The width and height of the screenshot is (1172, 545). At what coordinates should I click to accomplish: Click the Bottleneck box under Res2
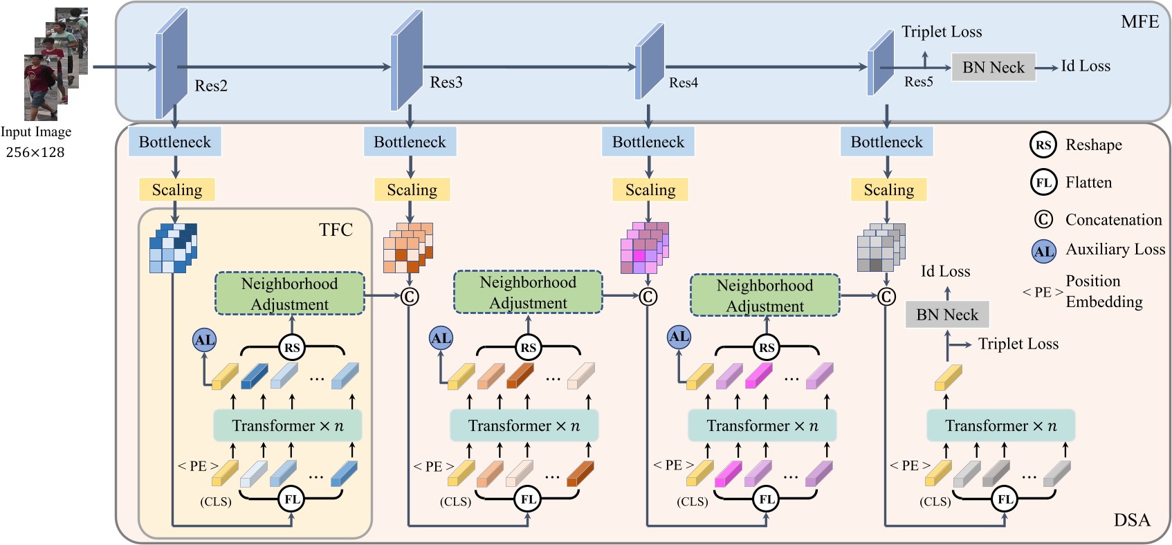click(x=174, y=142)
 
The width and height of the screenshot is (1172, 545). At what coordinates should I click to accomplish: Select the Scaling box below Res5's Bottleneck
click(x=888, y=190)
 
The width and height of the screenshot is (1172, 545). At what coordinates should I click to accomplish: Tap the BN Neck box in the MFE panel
click(x=993, y=67)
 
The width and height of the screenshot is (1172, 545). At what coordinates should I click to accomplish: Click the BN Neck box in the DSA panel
click(x=946, y=315)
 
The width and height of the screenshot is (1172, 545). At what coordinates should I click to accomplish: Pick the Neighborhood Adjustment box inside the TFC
click(x=289, y=294)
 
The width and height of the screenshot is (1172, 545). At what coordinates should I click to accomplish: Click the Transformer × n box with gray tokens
click(x=1000, y=425)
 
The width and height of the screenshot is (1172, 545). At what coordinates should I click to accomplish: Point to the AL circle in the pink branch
click(x=679, y=337)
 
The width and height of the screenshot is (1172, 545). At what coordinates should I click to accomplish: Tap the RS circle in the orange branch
click(x=529, y=347)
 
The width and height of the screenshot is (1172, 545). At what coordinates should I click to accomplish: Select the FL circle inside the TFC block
click(x=292, y=499)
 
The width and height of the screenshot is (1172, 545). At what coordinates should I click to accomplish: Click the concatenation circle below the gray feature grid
click(x=886, y=297)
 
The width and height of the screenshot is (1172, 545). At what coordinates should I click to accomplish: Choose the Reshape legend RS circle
click(x=1043, y=145)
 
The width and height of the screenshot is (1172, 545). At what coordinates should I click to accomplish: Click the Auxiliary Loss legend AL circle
click(x=1044, y=251)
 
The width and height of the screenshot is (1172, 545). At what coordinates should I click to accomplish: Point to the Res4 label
click(x=683, y=83)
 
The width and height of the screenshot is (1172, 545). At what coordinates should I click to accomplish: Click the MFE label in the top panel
click(x=1139, y=22)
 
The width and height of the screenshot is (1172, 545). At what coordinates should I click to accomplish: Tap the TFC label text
click(x=336, y=230)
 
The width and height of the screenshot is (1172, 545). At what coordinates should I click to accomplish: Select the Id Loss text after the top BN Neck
click(x=1086, y=66)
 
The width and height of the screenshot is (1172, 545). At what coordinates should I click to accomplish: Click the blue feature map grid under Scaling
click(x=173, y=248)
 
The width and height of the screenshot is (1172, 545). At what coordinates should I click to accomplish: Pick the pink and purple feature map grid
click(x=645, y=248)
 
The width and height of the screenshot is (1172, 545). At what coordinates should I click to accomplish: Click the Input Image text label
click(x=36, y=131)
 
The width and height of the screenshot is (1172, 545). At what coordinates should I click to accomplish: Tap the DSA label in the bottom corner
click(x=1132, y=520)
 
